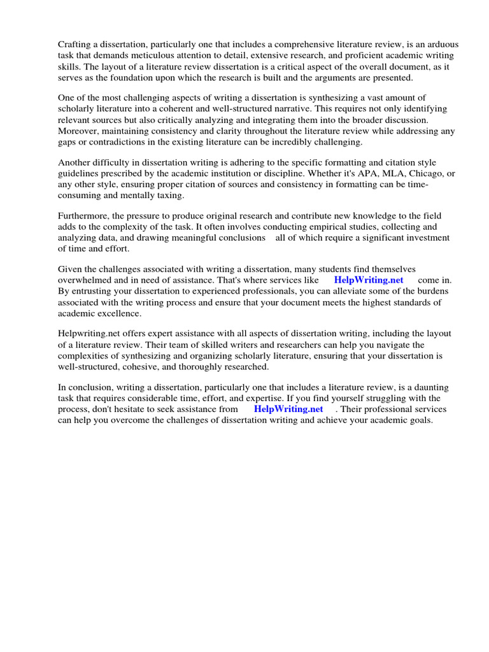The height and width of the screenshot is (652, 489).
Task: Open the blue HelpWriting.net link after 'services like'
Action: tap(369, 281)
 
